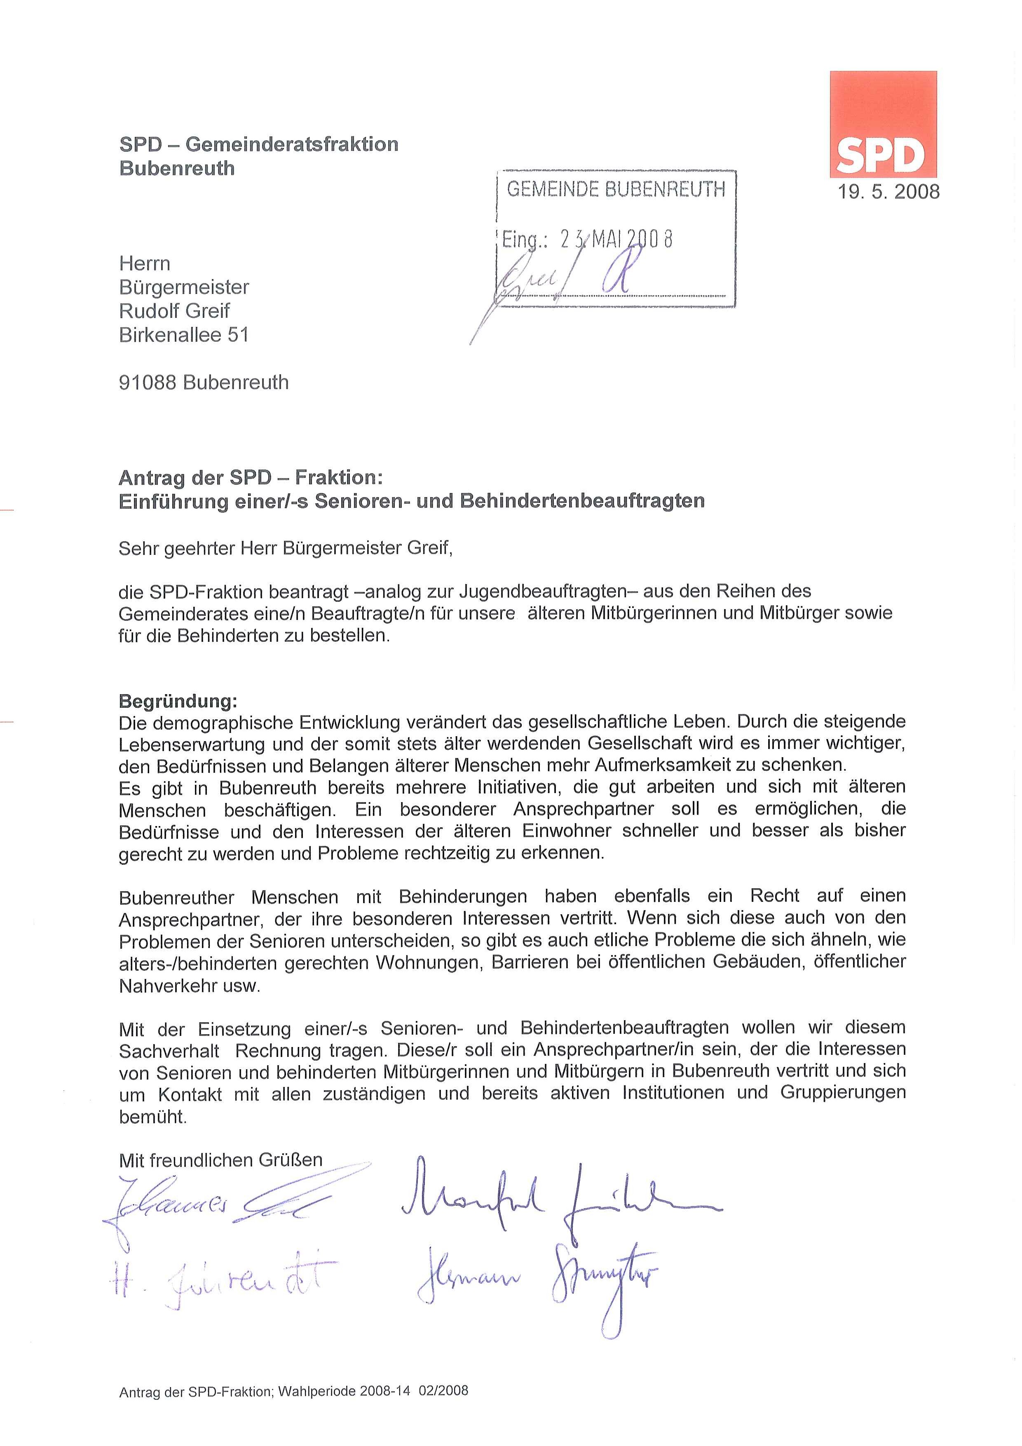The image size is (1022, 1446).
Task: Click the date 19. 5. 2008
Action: [x=888, y=191]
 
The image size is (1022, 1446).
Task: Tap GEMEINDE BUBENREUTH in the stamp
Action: [x=616, y=189]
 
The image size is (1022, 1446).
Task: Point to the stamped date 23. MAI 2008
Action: [x=616, y=239]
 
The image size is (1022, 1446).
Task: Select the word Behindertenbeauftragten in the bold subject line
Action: [x=582, y=501]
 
